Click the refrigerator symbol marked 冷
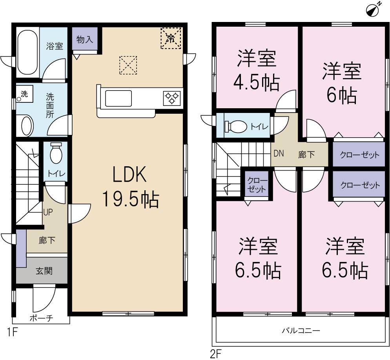171,38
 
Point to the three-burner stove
172,97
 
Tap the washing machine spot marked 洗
23,95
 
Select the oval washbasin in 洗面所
26,125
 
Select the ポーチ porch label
41,318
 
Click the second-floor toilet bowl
235,126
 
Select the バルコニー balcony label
301,330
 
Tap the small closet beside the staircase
257,184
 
